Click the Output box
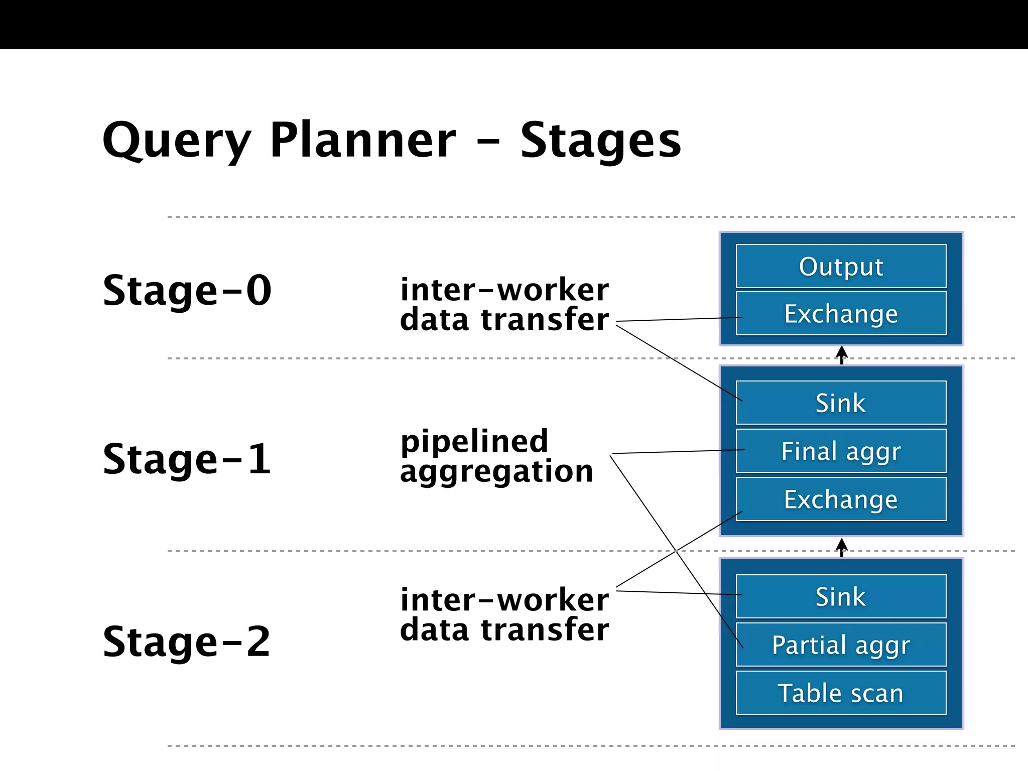[x=841, y=266]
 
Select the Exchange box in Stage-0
[x=841, y=314]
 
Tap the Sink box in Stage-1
[x=841, y=403]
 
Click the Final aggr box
[x=841, y=451]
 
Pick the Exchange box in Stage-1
[x=841, y=499]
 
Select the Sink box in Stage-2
[x=841, y=596]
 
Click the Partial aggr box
[x=841, y=645]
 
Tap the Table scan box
[x=841, y=693]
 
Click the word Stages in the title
[x=600, y=141]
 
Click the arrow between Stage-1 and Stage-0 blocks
[x=842, y=355]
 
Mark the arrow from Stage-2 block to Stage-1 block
[x=842, y=547]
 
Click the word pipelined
[x=474, y=442]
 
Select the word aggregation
[x=496, y=472]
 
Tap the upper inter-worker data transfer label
[x=504, y=304]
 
